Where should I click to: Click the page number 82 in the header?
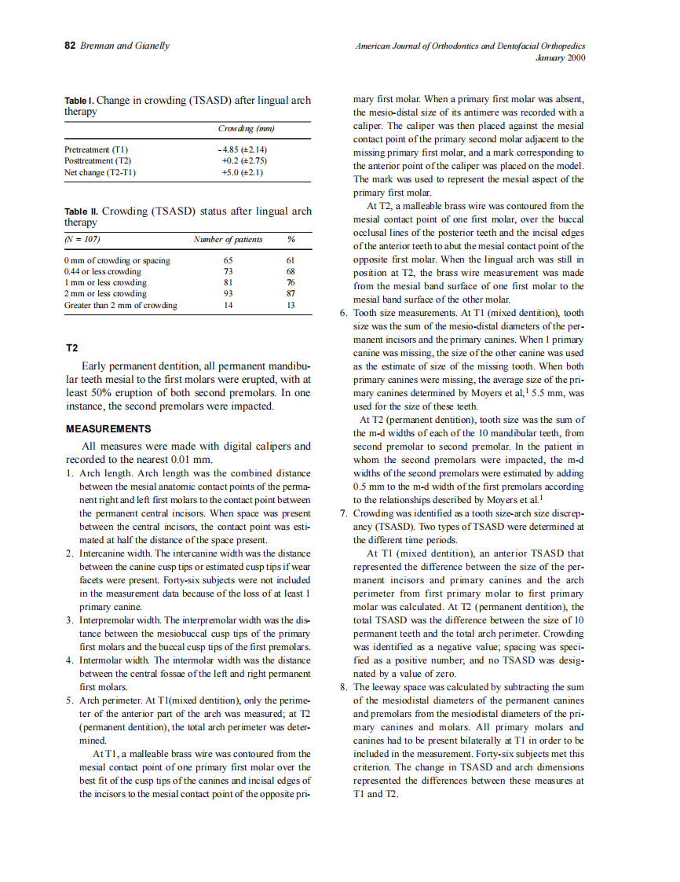(69, 46)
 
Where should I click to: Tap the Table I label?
(79, 101)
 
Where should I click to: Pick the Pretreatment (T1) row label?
(96, 149)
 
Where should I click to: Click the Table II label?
(81, 211)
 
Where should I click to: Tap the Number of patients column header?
(228, 239)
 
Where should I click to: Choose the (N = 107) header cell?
(82, 239)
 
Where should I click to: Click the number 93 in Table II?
(228, 293)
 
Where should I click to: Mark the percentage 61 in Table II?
(291, 259)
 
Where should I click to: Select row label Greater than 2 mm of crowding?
(120, 305)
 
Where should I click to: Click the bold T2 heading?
(72, 347)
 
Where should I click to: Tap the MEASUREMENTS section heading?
(108, 428)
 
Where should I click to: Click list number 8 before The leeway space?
(343, 686)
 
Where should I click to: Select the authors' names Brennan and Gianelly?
(124, 46)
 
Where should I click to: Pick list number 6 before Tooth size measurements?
(343, 312)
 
